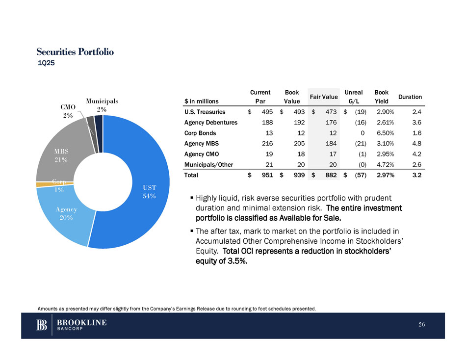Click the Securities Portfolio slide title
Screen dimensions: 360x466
tap(75, 51)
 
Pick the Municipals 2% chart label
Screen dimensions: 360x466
tap(102, 105)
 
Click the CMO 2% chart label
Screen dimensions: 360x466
tap(68, 111)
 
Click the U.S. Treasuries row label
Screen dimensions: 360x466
tap(205, 112)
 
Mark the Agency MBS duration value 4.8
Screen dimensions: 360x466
tap(417, 143)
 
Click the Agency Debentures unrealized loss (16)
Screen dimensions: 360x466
tap(358, 123)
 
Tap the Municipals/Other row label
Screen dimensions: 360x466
tap(209, 164)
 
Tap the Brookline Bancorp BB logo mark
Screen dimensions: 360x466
tap(42, 325)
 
